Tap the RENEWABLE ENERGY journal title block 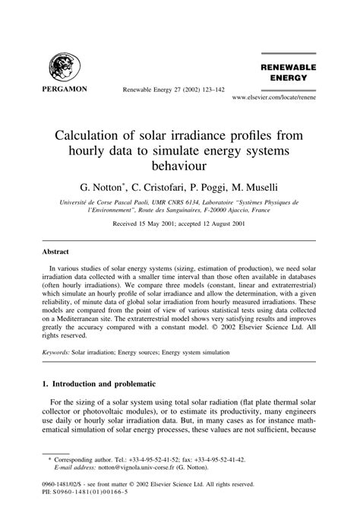pos(289,71)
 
